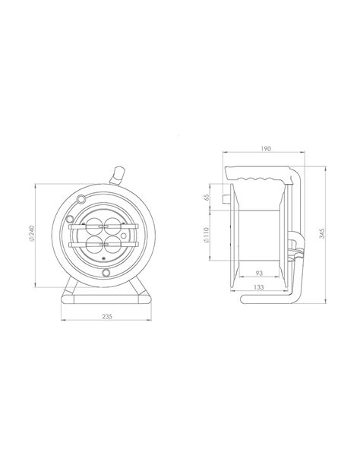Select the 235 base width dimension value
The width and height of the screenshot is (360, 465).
(107, 316)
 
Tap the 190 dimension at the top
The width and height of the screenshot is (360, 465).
(266, 149)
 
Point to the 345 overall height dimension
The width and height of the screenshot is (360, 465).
(322, 233)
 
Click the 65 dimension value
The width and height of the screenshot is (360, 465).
(207, 197)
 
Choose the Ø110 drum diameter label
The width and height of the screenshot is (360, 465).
(207, 235)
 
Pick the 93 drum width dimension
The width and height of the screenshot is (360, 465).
(259, 273)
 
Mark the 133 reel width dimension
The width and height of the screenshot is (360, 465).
(259, 286)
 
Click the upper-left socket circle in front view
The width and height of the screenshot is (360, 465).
(93, 226)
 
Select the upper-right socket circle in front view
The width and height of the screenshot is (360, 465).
(113, 226)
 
